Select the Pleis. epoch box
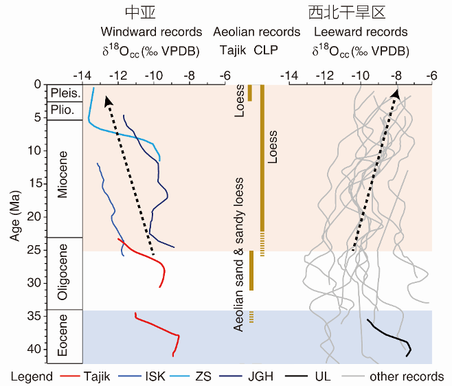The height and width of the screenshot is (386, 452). (65, 93)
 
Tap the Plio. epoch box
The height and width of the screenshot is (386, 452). (65, 111)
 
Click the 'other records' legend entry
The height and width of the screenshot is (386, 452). (406, 376)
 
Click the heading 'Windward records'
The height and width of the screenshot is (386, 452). (151, 32)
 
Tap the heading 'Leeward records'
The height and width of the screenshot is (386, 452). (360, 32)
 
